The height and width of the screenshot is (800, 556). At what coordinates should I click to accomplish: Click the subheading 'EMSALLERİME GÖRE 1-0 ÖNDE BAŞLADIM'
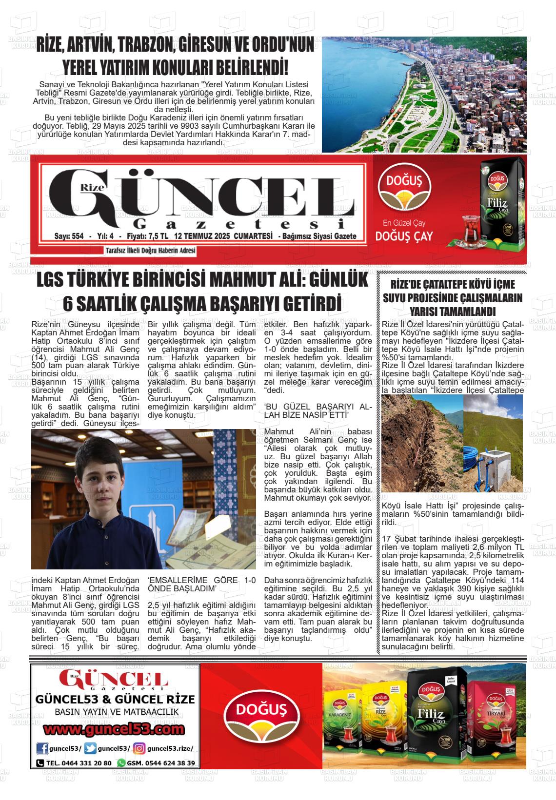point(201,585)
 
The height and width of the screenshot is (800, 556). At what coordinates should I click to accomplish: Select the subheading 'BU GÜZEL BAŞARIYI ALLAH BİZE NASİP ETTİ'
point(318,410)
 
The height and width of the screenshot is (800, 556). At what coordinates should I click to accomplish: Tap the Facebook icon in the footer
point(43,749)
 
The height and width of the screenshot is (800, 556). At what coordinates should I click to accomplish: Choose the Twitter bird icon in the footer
point(90,749)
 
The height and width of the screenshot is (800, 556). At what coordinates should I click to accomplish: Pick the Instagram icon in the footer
point(139,749)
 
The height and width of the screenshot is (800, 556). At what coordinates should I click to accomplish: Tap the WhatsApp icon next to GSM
point(121,763)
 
